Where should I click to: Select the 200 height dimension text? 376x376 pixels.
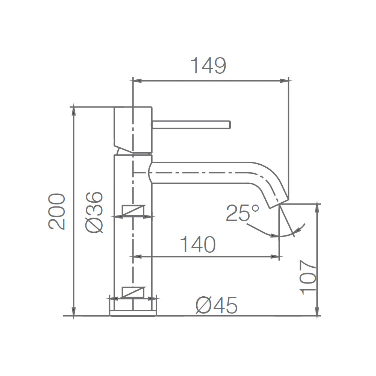(x=57, y=212)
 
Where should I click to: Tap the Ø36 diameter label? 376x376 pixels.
(x=94, y=212)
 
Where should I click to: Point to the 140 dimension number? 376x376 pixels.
(x=198, y=244)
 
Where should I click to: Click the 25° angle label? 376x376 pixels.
(x=243, y=212)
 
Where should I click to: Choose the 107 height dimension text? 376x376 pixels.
(x=308, y=277)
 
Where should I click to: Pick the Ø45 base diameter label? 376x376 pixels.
(x=217, y=305)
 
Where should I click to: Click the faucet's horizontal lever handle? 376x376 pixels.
(x=191, y=125)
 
